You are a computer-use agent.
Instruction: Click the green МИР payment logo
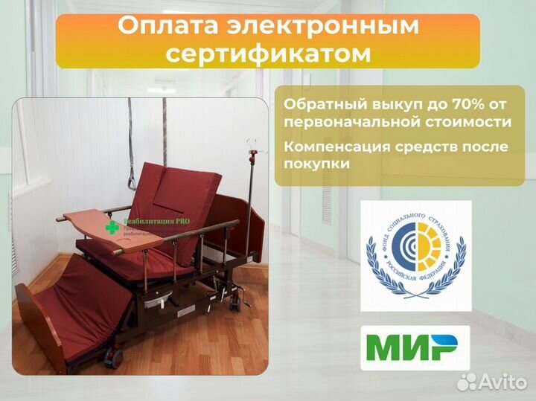[415, 347]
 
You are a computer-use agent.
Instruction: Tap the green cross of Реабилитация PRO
[112, 227]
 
